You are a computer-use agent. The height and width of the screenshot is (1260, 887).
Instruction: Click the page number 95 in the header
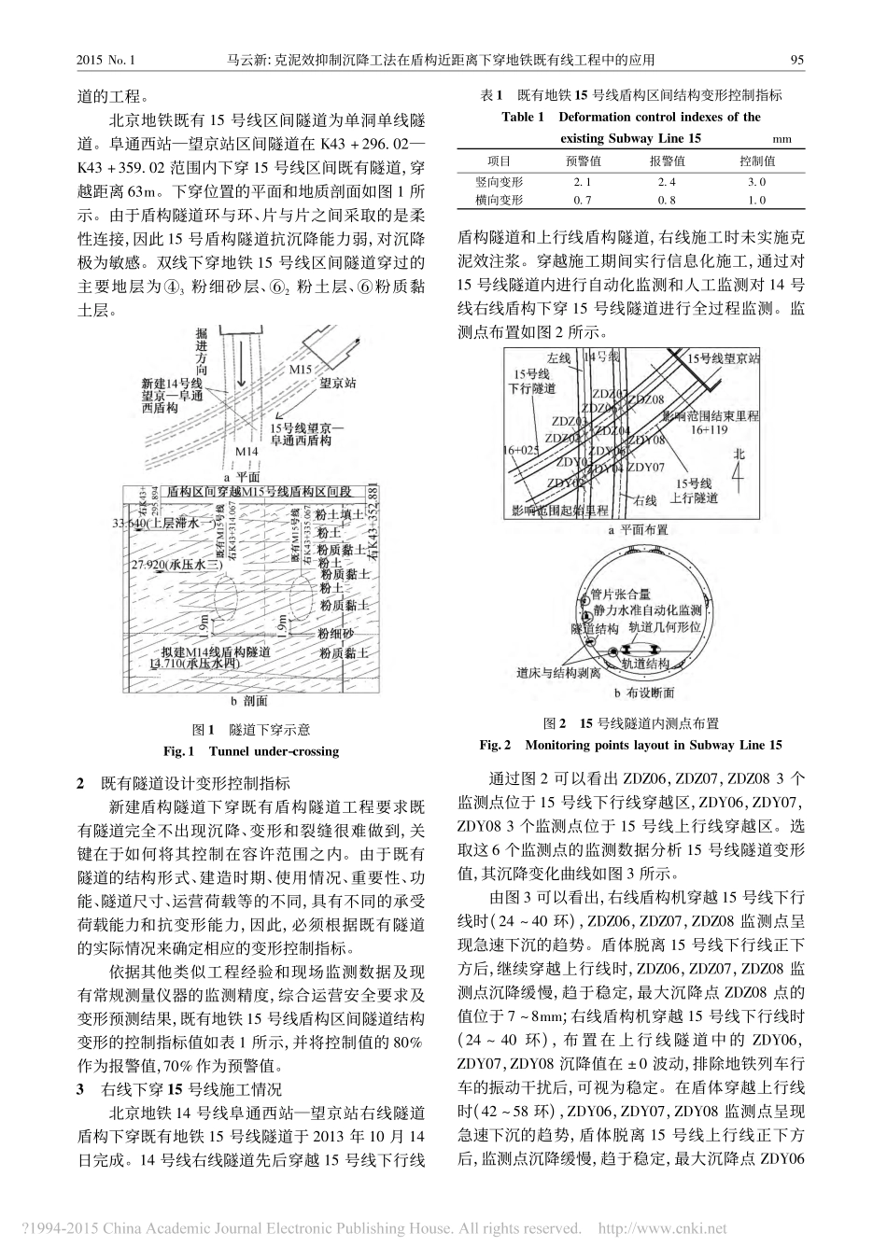click(796, 61)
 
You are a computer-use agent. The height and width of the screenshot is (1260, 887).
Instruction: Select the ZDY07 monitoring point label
click(646, 467)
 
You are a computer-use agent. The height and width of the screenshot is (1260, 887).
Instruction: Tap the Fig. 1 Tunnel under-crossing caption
click(250, 750)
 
